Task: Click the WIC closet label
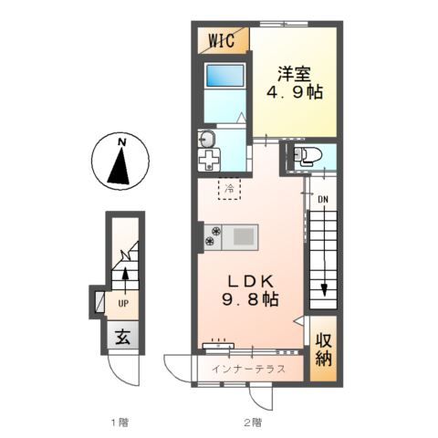[222, 40]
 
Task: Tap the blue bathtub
[225, 76]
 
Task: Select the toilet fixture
[307, 155]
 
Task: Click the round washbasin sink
[207, 140]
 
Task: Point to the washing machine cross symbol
[209, 160]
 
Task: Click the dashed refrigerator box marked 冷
[229, 189]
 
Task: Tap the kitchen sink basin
[244, 237]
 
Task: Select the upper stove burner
[216, 231]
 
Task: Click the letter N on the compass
[121, 141]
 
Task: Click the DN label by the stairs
[323, 200]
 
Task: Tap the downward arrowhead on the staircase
[324, 289]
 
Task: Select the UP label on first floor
[123, 303]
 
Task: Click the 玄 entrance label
[123, 338]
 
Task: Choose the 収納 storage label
[323, 349]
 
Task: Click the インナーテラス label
[248, 369]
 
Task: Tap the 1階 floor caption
[120, 422]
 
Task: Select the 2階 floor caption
[252, 422]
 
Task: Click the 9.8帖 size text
[250, 300]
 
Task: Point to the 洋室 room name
[294, 74]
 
